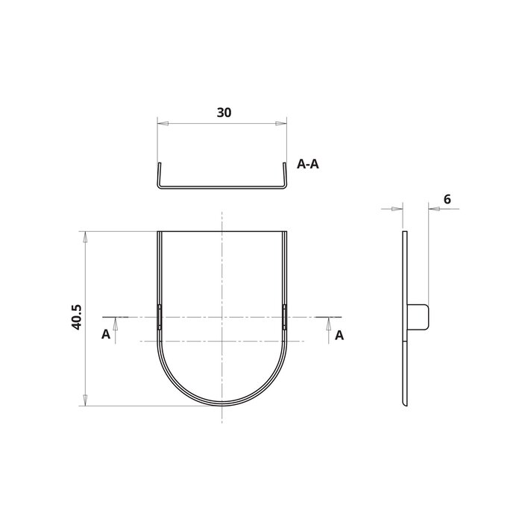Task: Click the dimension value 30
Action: pyautogui.click(x=223, y=113)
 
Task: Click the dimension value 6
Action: pyautogui.click(x=446, y=199)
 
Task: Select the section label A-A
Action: pyautogui.click(x=308, y=165)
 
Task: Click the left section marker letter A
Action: pyautogui.click(x=106, y=336)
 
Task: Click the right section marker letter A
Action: pyautogui.click(x=339, y=336)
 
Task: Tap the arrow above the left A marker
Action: pyautogui.click(x=115, y=324)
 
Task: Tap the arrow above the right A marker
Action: pyautogui.click(x=329, y=324)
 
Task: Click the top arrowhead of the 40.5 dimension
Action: pyautogui.click(x=86, y=237)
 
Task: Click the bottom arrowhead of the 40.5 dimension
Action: pyautogui.click(x=86, y=400)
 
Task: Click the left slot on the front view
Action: pyautogui.click(x=159, y=317)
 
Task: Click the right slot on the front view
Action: pyautogui.click(x=285, y=317)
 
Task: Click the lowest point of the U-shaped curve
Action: pyautogui.click(x=222, y=403)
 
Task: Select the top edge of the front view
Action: pyautogui.click(x=222, y=232)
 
